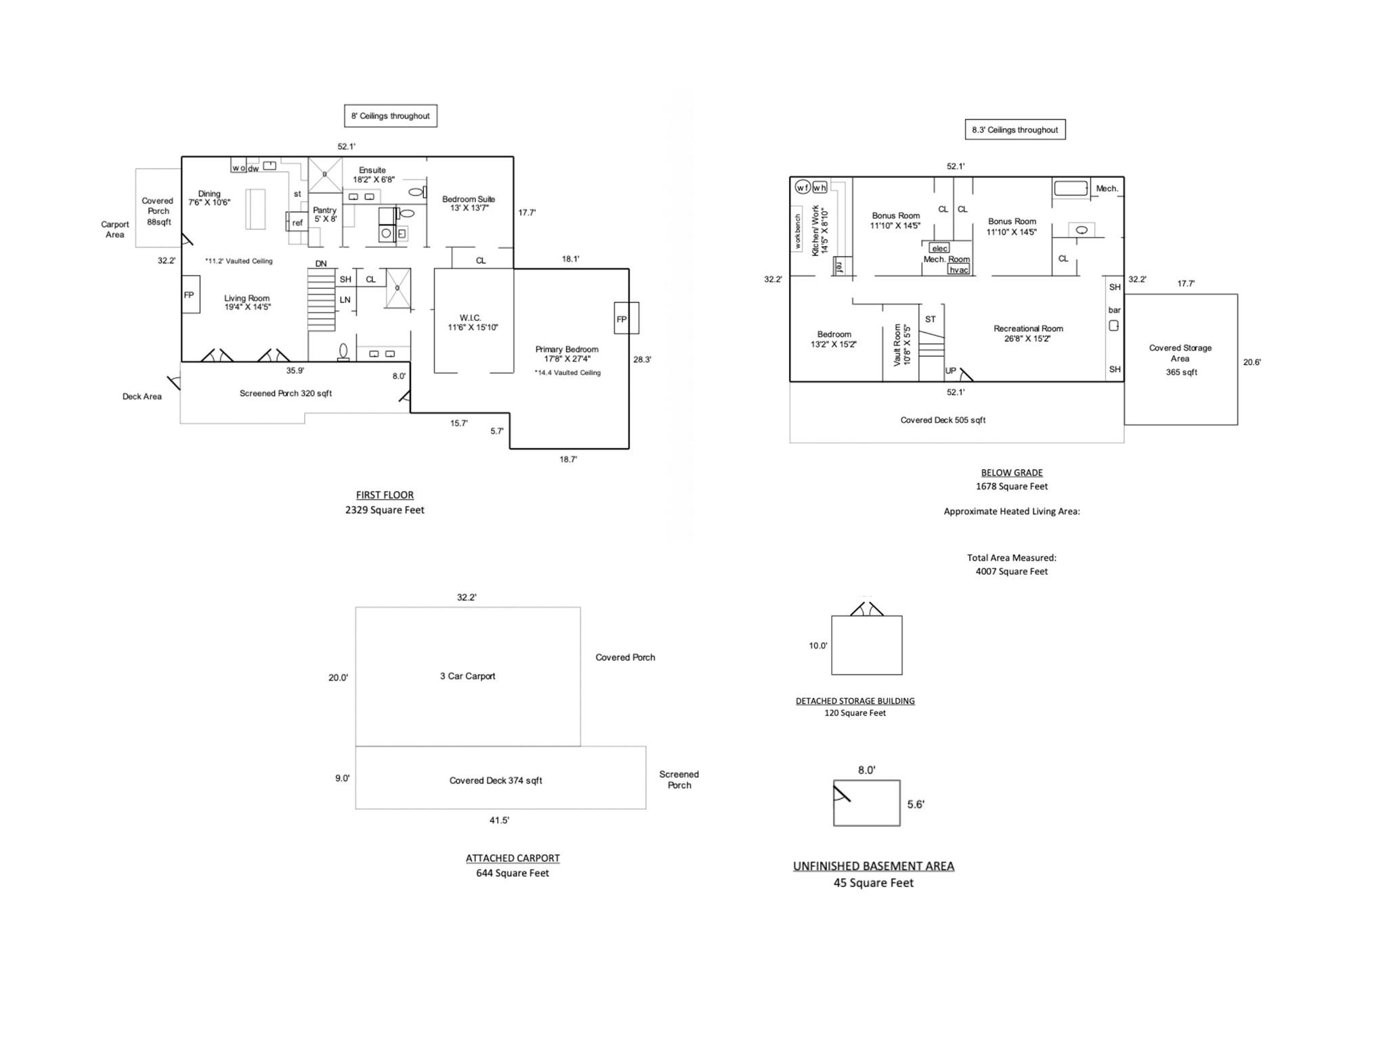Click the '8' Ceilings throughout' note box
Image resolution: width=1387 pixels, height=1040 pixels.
click(x=390, y=116)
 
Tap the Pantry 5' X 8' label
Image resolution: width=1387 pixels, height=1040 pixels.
click(x=325, y=215)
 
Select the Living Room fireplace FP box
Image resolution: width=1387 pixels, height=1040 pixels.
click(x=190, y=295)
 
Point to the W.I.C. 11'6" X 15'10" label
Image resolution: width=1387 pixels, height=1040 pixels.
click(x=472, y=322)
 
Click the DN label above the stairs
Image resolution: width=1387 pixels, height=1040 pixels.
click(x=321, y=263)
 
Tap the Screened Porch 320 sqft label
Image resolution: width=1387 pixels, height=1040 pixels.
click(x=285, y=393)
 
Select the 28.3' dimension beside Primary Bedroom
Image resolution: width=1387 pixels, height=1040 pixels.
click(x=642, y=360)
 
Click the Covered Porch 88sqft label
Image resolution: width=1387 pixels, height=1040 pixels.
click(x=158, y=211)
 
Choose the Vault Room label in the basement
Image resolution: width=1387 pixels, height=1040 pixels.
click(x=901, y=345)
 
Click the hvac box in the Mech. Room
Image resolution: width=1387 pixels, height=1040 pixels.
click(x=958, y=269)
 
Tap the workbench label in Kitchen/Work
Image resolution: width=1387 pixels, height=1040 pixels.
click(x=797, y=229)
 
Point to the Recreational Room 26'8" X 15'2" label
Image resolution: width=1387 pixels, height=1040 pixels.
click(x=1027, y=333)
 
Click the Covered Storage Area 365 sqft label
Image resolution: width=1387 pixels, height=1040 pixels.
click(x=1180, y=360)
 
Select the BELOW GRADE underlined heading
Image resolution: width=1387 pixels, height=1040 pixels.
click(x=1011, y=473)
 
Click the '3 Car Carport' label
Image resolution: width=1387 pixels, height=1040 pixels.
click(x=467, y=676)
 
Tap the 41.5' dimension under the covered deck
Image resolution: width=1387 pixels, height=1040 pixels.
click(x=499, y=820)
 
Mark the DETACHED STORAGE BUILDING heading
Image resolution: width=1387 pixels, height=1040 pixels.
click(x=855, y=701)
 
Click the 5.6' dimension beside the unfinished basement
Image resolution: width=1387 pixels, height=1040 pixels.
click(x=916, y=804)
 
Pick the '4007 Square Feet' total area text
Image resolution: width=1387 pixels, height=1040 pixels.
click(x=1011, y=571)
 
